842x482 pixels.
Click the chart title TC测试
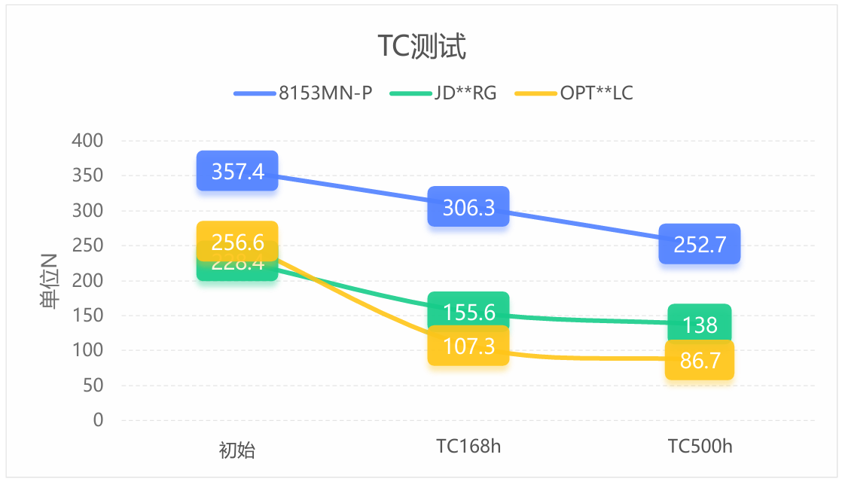coord(422,47)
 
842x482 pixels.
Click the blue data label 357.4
coord(237,171)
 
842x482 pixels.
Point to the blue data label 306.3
coord(468,206)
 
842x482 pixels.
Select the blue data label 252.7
coord(700,244)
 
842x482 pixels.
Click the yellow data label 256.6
coord(237,242)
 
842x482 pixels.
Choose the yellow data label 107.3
coord(468,346)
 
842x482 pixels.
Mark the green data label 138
coord(700,324)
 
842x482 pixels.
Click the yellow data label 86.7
coord(700,360)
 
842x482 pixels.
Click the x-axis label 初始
coord(237,450)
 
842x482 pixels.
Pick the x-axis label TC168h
coord(468,446)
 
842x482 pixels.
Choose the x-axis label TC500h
coord(700,446)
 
